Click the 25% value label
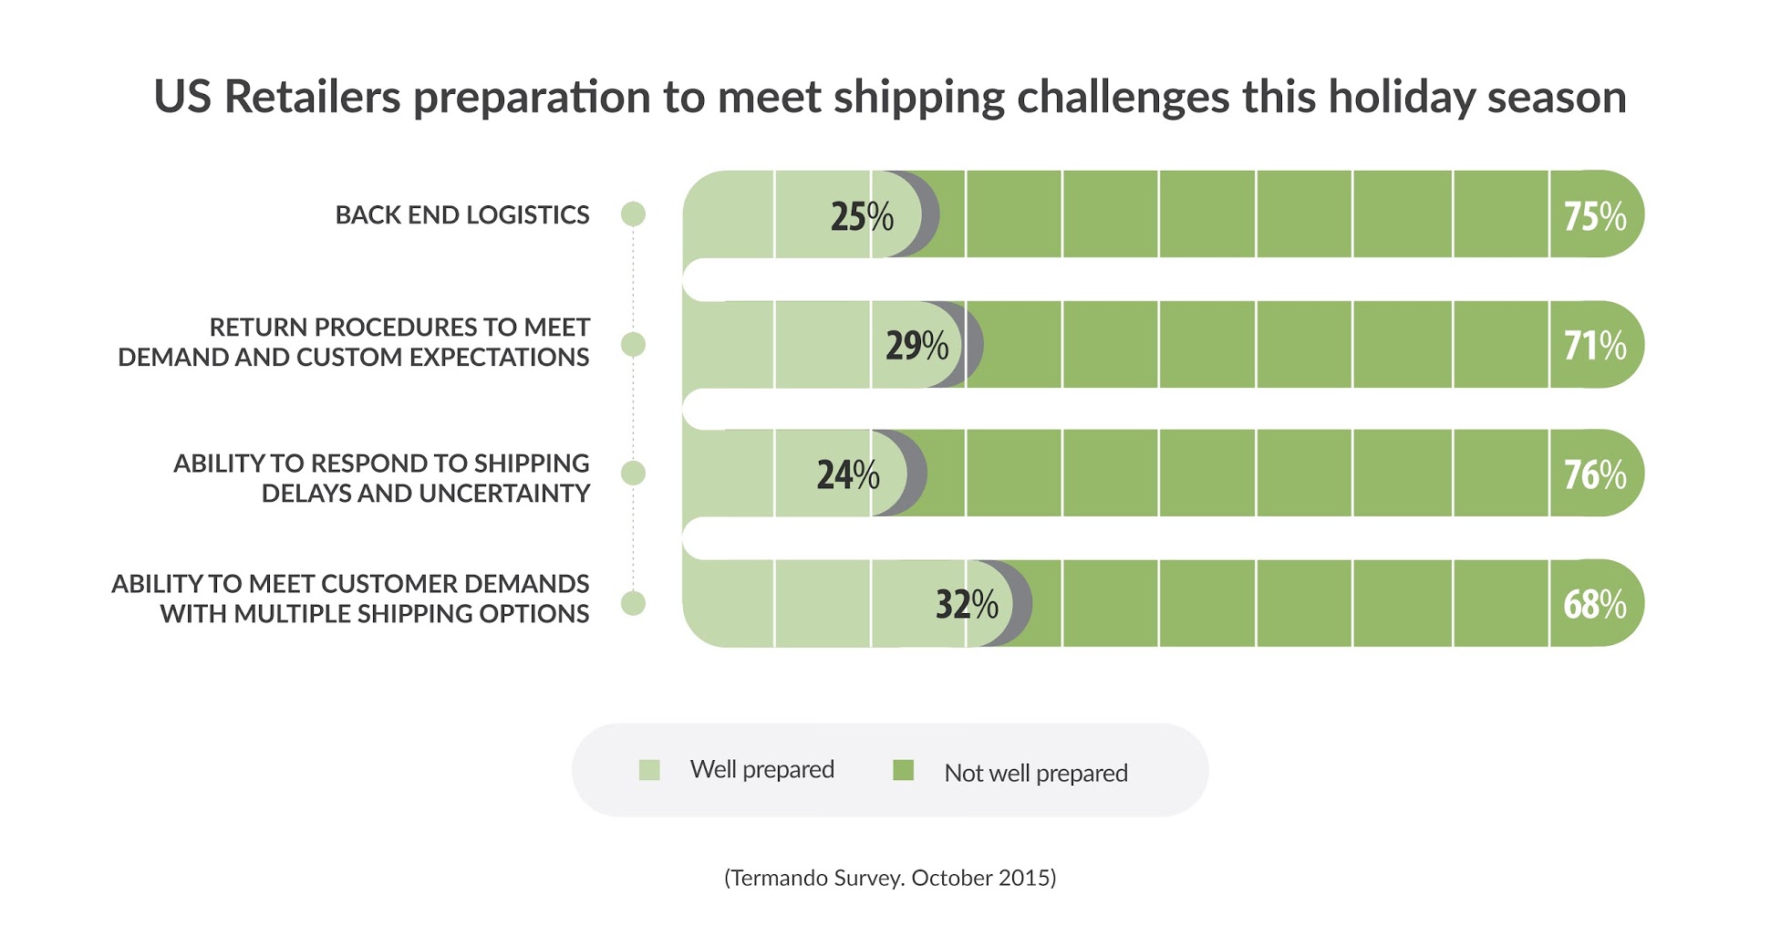tap(862, 216)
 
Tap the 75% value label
tap(1594, 216)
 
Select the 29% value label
tap(916, 346)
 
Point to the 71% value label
tap(1594, 346)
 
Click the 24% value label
tap(847, 474)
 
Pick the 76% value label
tap(1594, 474)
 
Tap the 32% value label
tap(967, 604)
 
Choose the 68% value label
tap(1594, 604)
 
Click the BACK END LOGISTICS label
tap(462, 215)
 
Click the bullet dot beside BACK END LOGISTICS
tap(633, 214)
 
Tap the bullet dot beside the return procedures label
tap(633, 345)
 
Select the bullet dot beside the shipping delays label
tap(633, 474)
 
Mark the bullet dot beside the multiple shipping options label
tap(633, 603)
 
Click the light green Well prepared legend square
tap(649, 770)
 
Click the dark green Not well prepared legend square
tap(903, 770)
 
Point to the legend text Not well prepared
tap(1036, 773)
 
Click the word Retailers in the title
tap(312, 97)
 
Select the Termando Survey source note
tap(890, 878)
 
